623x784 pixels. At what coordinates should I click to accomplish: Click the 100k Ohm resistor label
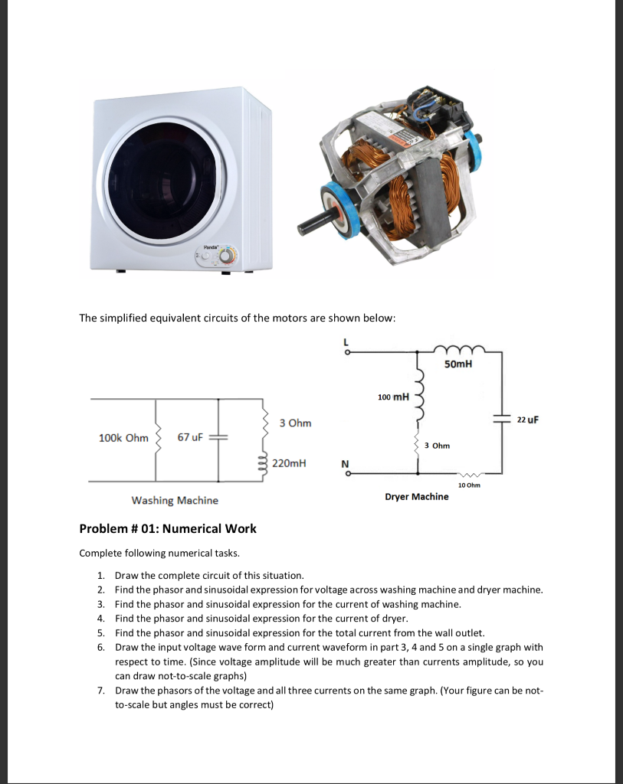point(123,438)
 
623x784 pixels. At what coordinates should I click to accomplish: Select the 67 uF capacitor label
point(189,437)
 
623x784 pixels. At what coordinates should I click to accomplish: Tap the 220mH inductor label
point(289,463)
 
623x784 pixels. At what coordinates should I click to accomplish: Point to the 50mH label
point(457,364)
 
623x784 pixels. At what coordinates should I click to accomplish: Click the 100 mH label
point(394,397)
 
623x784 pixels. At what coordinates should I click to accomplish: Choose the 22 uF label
point(528,420)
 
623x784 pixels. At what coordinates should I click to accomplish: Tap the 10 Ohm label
point(467,485)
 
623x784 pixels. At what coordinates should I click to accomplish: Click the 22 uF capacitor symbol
point(502,420)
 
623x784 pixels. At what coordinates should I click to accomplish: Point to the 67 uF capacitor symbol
point(218,437)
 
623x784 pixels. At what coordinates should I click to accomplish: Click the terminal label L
point(347,341)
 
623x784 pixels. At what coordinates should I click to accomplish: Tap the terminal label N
point(345,464)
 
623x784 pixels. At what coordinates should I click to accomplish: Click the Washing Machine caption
point(175,501)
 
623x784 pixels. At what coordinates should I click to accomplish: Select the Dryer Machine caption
point(417,497)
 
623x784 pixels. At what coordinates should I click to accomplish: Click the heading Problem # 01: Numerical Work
point(168,528)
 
